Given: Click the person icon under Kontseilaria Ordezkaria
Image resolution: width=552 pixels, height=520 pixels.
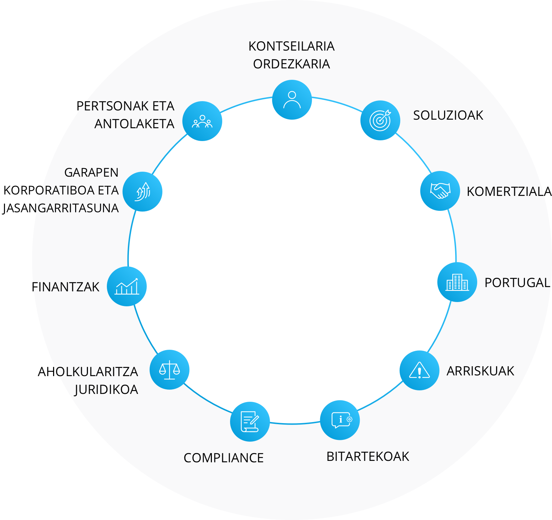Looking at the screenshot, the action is [x=292, y=100].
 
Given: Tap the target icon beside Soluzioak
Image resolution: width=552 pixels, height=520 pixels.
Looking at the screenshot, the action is [x=380, y=120].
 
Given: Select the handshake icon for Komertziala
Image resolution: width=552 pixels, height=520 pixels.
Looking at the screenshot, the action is [x=440, y=191].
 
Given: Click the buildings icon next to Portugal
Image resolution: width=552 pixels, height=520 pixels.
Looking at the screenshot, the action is [x=457, y=282].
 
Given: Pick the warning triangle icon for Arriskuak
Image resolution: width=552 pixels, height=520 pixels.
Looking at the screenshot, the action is [x=420, y=370].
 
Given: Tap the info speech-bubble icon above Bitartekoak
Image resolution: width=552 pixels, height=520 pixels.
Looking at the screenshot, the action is [x=340, y=420].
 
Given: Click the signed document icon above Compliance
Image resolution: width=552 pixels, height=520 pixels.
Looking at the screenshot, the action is [x=250, y=422].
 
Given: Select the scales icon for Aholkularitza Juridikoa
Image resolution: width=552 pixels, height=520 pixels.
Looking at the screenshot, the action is [x=170, y=370].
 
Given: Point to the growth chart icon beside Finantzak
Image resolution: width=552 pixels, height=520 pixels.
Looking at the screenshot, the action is [x=127, y=286].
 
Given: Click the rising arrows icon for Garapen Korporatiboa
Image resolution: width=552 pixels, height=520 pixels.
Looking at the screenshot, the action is [x=142, y=192].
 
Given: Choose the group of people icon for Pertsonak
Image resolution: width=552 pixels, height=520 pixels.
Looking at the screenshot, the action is [x=202, y=121].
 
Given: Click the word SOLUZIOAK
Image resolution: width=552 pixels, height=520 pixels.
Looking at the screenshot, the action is [x=448, y=115].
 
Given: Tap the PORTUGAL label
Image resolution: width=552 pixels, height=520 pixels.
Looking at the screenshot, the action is [x=517, y=283].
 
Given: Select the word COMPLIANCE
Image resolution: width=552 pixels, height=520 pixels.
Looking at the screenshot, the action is [x=224, y=458].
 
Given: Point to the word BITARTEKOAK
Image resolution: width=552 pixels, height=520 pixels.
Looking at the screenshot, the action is [x=368, y=457].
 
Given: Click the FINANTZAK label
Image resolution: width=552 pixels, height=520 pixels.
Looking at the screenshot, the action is [x=66, y=287].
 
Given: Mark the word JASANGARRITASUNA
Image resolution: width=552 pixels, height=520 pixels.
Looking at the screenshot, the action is [x=61, y=208].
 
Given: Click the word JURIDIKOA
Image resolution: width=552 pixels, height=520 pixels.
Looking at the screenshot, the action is [x=106, y=390].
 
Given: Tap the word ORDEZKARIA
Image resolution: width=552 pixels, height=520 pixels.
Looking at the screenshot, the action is [x=292, y=64].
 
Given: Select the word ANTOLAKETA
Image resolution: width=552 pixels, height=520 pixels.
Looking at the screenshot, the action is [x=135, y=124].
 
